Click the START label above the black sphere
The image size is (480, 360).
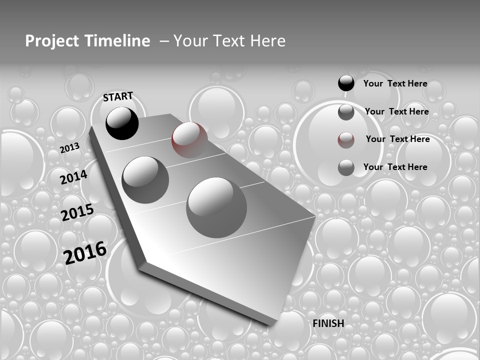point(118,96)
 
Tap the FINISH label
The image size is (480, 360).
point(328,323)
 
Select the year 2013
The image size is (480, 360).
point(69,147)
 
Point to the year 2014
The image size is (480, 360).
point(73,177)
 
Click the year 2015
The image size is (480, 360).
point(77,212)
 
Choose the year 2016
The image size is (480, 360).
point(85,252)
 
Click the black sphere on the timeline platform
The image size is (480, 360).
point(122,123)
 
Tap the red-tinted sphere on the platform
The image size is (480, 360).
point(189,140)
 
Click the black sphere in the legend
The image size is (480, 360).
point(346,83)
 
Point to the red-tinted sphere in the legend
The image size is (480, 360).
point(346,140)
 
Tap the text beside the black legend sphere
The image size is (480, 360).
point(395,83)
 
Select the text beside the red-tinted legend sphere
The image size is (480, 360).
point(397,139)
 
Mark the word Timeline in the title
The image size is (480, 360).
point(118,41)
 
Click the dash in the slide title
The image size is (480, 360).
point(164,41)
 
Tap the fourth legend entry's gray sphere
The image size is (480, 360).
point(346,167)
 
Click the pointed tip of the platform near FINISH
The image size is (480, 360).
point(272,323)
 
